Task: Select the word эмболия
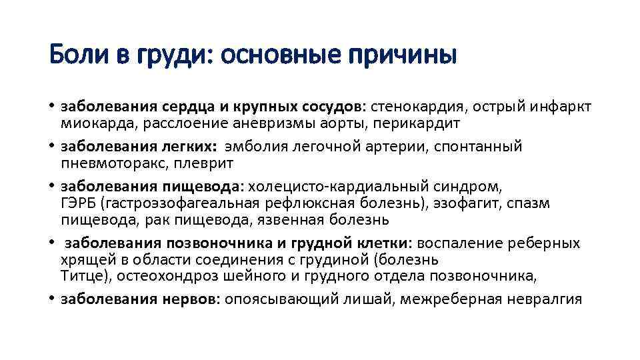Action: [259, 146]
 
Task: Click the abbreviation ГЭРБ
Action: [78, 203]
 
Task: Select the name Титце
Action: [80, 276]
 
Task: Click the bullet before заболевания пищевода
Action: [51, 185]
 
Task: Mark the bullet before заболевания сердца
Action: [51, 107]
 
